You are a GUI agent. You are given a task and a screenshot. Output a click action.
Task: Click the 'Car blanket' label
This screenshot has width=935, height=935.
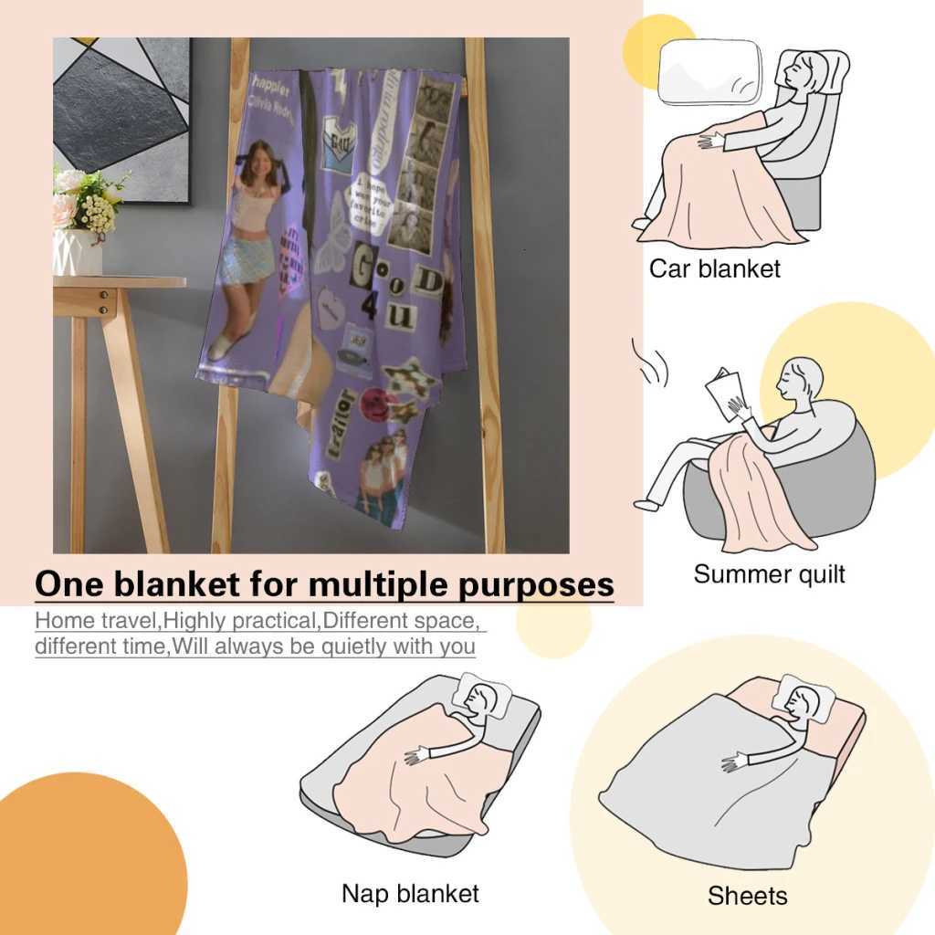click(x=715, y=268)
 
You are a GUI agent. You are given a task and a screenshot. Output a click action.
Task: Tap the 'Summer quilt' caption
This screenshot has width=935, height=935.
click(x=769, y=574)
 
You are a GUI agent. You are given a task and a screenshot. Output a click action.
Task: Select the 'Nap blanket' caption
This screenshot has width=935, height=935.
click(x=410, y=892)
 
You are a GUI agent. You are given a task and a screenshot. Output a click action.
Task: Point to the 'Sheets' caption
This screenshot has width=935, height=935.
click(x=747, y=896)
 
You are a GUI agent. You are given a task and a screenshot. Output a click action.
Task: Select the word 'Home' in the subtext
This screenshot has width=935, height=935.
click(x=65, y=622)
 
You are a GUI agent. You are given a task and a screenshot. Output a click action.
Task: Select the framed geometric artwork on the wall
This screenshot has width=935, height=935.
click(x=121, y=119)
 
